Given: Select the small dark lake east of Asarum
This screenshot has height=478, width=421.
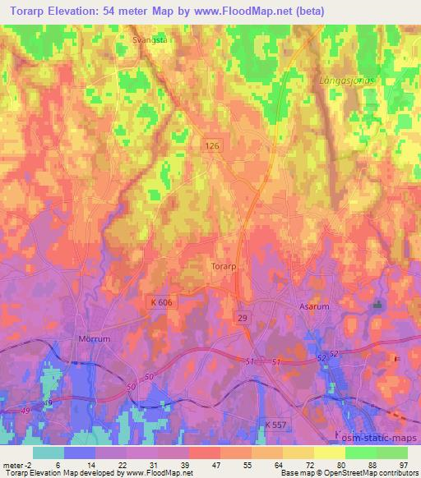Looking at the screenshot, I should [379, 306].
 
